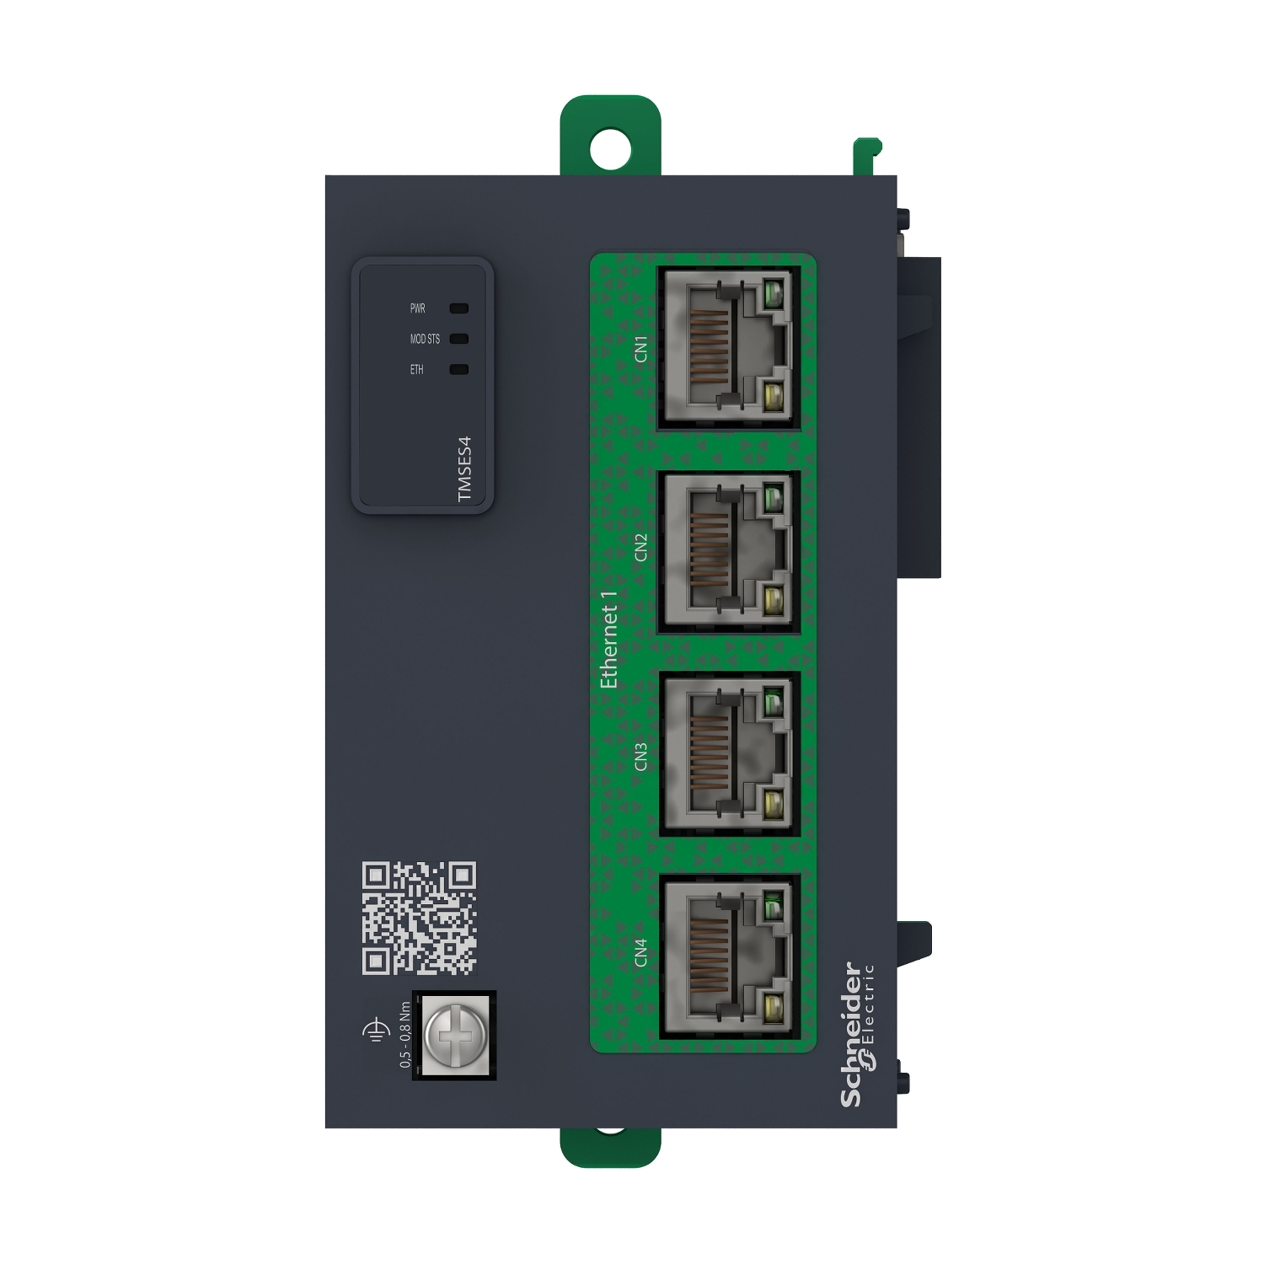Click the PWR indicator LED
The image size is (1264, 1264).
tap(459, 308)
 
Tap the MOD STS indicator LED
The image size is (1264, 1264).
tap(459, 339)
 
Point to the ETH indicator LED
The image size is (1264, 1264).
tap(459, 369)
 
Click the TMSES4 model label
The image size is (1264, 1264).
tap(465, 469)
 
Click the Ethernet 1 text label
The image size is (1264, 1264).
tap(608, 638)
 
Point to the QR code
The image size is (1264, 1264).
tap(419, 918)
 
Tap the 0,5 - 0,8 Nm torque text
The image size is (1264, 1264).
tap(405, 1034)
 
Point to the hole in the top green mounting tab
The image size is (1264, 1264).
tap(610, 149)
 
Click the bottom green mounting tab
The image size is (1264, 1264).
tap(610, 1148)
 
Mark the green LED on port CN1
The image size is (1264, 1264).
tap(773, 295)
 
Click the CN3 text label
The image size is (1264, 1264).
tap(641, 756)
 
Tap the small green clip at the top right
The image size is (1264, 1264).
tap(866, 156)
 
